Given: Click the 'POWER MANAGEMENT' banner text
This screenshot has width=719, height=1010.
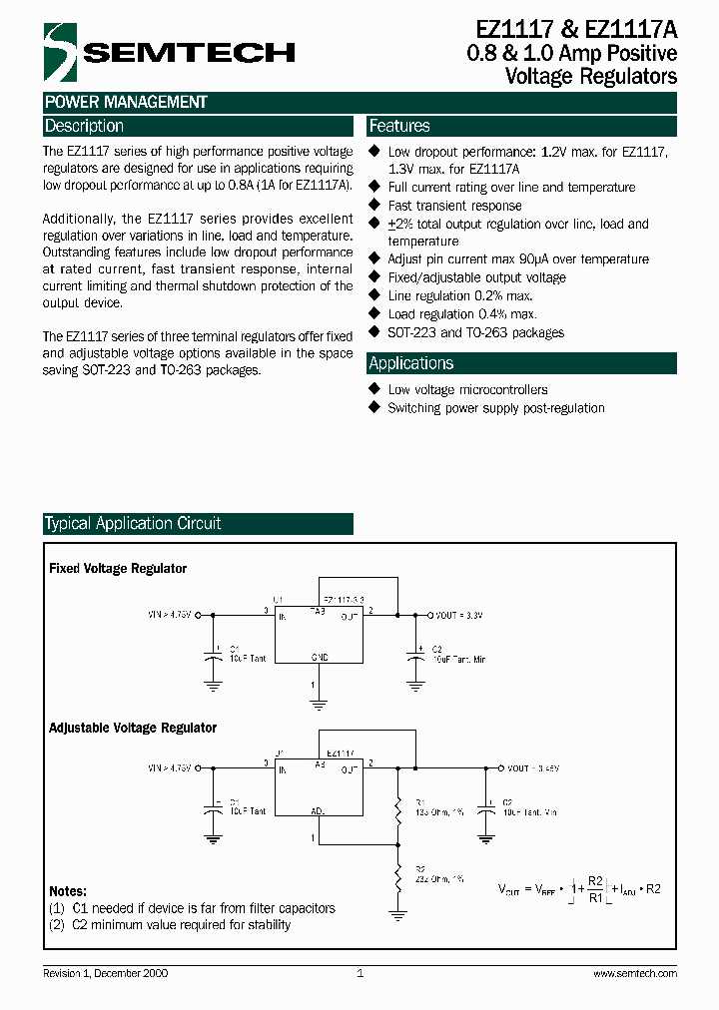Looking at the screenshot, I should coord(126,102).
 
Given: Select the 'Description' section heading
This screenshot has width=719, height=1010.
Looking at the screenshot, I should coord(84,126).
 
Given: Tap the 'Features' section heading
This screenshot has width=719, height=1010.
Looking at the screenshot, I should coord(399,126).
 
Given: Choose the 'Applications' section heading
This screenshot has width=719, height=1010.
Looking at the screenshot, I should coord(410,363).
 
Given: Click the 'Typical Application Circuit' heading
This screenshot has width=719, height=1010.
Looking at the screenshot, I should coord(133,523).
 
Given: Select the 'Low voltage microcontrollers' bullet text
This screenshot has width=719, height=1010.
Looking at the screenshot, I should coord(467,389).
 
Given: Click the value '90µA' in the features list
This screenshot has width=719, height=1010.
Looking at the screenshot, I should coord(536,259).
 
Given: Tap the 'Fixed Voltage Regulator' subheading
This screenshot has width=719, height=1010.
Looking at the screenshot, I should coord(118,569).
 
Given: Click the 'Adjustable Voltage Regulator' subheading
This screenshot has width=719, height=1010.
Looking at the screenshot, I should coord(133,729).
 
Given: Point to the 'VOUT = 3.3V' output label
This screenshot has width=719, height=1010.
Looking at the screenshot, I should coord(460,616).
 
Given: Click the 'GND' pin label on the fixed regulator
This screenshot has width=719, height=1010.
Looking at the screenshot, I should coord(320,657).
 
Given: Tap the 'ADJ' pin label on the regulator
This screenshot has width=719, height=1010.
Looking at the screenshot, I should coord(319,812).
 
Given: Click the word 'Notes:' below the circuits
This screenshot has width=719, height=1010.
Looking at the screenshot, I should coord(68,891).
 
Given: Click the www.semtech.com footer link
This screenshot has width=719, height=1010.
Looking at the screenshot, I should coord(635,973).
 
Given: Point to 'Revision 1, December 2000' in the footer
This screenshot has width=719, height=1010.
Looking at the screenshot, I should coord(105,973).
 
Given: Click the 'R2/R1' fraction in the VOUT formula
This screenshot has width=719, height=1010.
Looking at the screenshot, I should coord(595,888).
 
